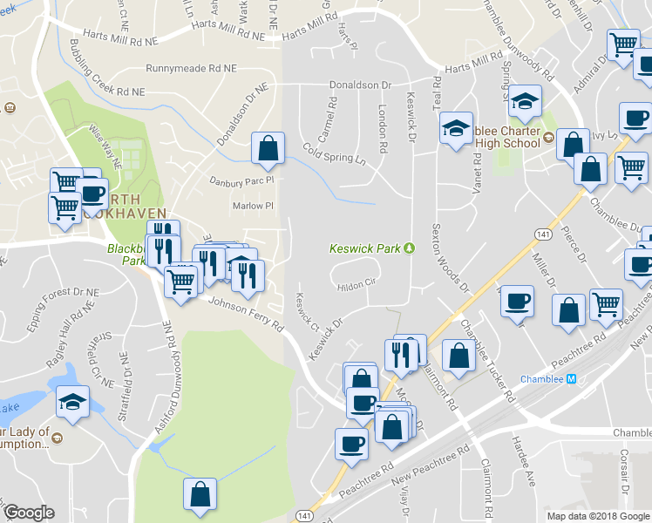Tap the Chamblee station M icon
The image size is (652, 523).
tap(572, 379)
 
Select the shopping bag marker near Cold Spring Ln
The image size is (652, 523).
tap(268, 149)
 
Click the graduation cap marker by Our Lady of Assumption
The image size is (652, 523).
tap(73, 401)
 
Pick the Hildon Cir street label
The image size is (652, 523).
tap(356, 283)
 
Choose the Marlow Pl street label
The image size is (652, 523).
tap(253, 207)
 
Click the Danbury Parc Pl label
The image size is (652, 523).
tap(241, 181)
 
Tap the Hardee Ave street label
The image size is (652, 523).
tap(524, 461)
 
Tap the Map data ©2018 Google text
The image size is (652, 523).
tap(599, 515)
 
